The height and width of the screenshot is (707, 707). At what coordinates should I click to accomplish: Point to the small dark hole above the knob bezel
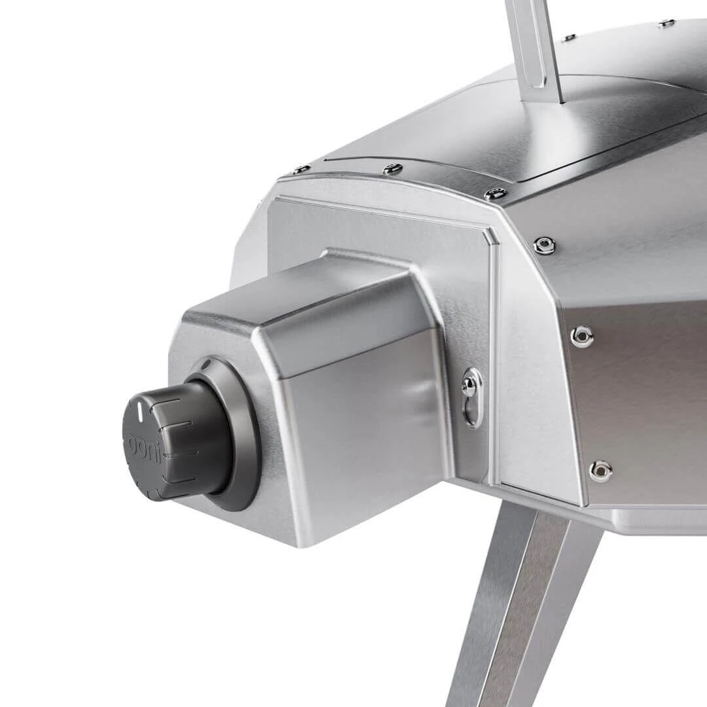click(206, 363)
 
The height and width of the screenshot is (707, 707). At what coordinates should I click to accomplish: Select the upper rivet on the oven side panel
click(581, 336)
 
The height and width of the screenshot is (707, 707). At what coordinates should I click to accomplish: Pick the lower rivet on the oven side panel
click(600, 469)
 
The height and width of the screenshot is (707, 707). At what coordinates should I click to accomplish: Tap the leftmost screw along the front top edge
click(301, 169)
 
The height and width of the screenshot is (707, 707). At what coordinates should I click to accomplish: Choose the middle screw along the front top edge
click(391, 169)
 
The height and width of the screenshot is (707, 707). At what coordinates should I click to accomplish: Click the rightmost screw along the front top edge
click(496, 194)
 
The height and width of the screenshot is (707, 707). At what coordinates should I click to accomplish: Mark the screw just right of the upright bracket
click(570, 37)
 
